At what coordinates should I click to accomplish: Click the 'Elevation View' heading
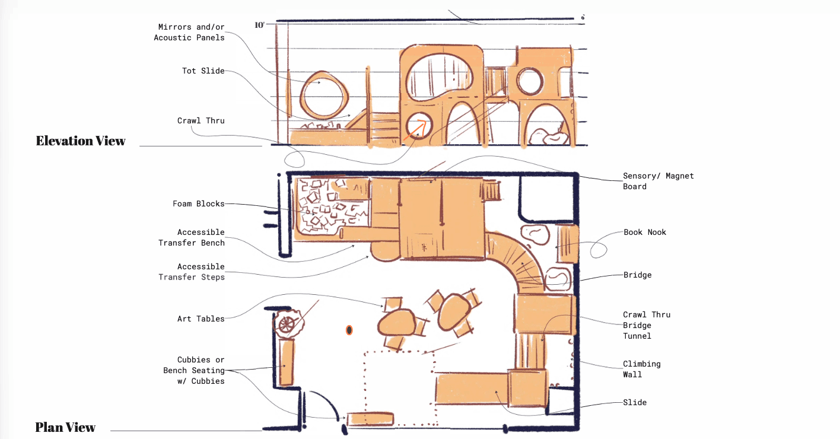(81, 141)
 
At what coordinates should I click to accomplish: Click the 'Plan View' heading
(65, 427)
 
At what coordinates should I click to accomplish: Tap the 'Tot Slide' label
(203, 71)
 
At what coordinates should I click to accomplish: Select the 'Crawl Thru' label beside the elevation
(201, 121)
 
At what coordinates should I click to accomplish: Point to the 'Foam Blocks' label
(198, 204)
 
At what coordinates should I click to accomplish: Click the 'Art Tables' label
(201, 319)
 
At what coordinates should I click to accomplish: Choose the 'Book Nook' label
(644, 233)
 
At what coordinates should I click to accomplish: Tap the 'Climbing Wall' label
(641, 369)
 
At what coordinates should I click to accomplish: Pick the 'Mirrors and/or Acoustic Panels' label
(191, 32)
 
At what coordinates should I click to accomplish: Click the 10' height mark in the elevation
(260, 25)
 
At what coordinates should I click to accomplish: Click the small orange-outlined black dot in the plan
(349, 330)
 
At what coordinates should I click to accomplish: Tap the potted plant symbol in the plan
(287, 323)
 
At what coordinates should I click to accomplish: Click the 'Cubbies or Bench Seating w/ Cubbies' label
(195, 370)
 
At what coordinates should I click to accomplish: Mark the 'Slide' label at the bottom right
(635, 403)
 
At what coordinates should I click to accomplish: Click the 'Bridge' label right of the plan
(637, 275)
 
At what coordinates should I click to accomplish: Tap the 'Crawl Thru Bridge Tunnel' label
(646, 325)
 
